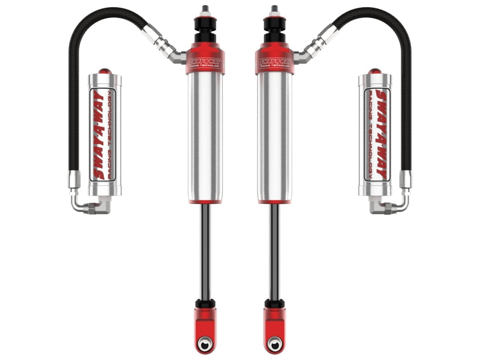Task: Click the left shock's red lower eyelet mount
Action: (x=205, y=324)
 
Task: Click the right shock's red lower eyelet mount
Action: (x=275, y=324)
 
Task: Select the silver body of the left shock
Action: (x=204, y=138)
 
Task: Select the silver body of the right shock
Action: (x=275, y=138)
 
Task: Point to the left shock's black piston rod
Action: (x=205, y=252)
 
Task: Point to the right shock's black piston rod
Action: (x=275, y=252)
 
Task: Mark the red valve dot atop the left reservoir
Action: (x=105, y=70)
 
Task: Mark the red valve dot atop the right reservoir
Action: (x=374, y=70)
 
